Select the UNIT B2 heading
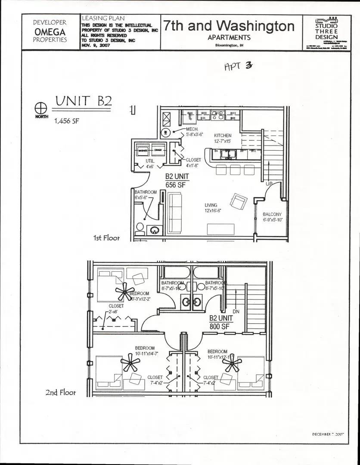84,101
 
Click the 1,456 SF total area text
66,121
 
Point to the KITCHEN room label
223,136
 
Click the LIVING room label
211,205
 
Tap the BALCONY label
272,214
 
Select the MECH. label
192,129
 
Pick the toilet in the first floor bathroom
140,227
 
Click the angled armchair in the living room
238,201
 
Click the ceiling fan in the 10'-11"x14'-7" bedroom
130,364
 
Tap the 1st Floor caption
106,238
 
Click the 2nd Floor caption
61,393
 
